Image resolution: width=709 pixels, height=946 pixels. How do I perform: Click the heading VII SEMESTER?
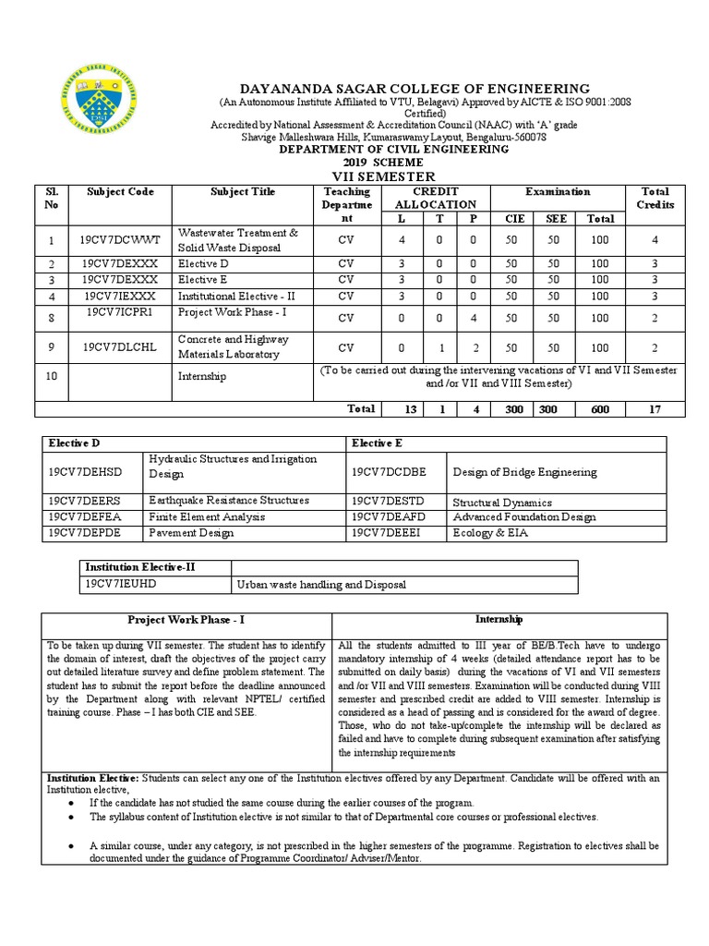pos(368,176)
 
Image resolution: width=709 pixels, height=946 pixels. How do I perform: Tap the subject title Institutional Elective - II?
pos(232,297)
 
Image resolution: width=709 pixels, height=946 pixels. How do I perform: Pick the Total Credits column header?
pos(655,198)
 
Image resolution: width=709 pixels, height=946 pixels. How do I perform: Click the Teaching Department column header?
pos(346,204)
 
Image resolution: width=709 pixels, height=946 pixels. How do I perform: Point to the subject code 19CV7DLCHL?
pos(120,347)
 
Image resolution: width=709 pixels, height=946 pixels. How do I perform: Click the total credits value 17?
pos(655,408)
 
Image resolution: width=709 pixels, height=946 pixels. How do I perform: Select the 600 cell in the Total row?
pos(600,408)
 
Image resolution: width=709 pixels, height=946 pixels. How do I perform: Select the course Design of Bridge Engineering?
pos(524,472)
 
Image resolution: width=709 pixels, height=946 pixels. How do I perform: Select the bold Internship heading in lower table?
pos(499,619)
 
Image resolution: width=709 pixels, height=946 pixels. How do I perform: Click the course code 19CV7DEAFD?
pos(388,517)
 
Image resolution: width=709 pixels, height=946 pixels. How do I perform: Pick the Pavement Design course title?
pos(191,533)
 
